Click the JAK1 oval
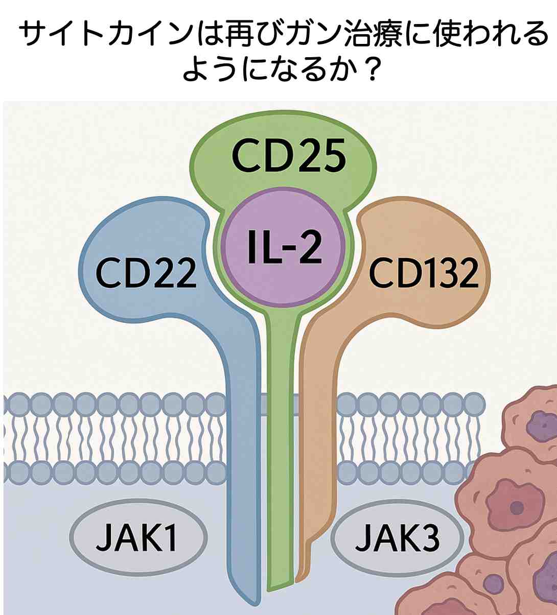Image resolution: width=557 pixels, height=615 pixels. pos(138,536)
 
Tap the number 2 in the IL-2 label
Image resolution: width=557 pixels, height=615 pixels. pos(310,247)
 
